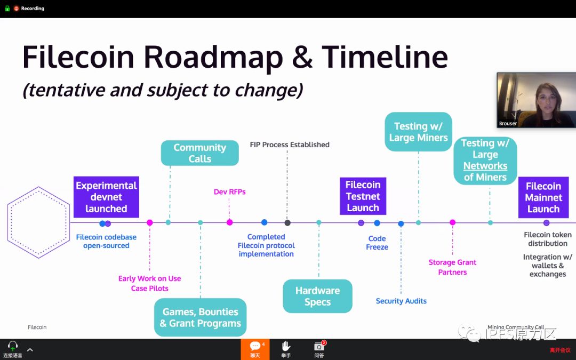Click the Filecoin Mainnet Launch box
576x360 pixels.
coord(543,197)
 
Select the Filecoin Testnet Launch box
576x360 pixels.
coord(363,196)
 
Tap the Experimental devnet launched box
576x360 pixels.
coord(106,197)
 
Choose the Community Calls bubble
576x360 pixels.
coord(199,153)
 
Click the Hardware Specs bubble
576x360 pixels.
coord(317,296)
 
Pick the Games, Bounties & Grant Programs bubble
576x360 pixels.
coord(201,317)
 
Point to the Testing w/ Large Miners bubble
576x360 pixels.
coord(418,132)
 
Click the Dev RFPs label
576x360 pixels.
coord(229,192)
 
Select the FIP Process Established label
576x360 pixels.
coord(290,145)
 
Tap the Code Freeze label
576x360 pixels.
coord(377,243)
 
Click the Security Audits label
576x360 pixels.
coord(401,301)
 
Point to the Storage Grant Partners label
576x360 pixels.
coord(452,267)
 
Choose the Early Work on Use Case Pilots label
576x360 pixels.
coord(149,283)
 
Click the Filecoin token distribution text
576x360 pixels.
coord(547,239)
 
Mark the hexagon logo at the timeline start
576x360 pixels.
coord(38,222)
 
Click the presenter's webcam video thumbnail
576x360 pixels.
coord(536,100)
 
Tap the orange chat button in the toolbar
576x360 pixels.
coord(255,349)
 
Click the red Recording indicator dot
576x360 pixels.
coord(17,9)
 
